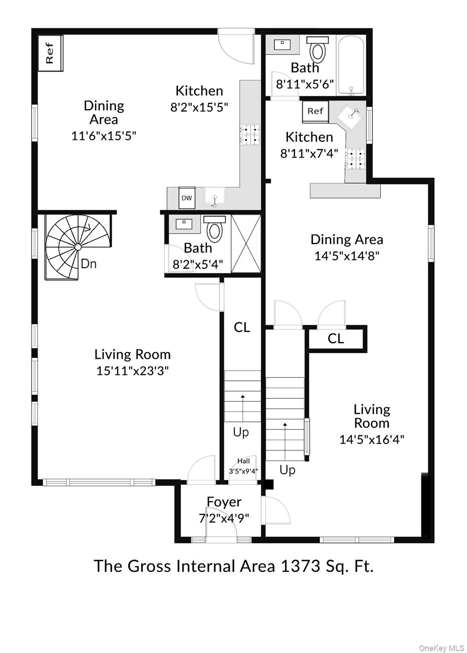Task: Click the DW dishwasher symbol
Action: pos(187,198)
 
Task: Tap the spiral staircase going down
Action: pos(78,247)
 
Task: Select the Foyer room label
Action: pos(224,502)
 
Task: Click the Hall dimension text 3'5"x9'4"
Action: pos(243,471)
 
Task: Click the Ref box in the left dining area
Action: pos(50,53)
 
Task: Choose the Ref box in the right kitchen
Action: pos(315,111)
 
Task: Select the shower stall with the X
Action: pos(246,244)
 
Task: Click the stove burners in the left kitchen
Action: pos(250,134)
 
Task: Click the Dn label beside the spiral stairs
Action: pos(89,264)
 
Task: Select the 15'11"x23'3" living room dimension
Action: pos(133,371)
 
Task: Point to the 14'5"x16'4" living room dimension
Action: pos(371,439)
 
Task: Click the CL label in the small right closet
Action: pos(336,339)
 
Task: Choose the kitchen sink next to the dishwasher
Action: pos(215,196)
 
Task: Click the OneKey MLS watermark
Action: pos(442,648)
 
